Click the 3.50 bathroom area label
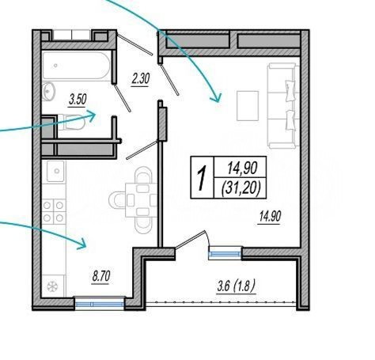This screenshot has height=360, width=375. tap(78, 100)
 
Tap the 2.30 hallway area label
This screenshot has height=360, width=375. tap(141, 79)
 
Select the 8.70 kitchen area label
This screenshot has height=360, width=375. tap(100, 277)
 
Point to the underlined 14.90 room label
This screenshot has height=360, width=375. tap(270, 217)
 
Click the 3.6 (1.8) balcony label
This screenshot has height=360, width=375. tap(237, 286)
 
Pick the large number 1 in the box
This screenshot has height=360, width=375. tap(202, 177)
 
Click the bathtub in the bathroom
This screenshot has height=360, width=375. tap(76, 65)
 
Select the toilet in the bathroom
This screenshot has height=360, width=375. tap(71, 122)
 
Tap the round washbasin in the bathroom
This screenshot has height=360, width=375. tap(48, 91)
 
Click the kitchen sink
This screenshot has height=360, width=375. tap(55, 171)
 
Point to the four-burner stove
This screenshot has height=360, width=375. tap(54, 211)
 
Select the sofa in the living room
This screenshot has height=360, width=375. tap(283, 105)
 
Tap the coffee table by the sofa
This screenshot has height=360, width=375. tap(248, 105)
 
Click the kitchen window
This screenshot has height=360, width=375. tap(100, 303)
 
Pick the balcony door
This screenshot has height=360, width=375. tap(192, 241)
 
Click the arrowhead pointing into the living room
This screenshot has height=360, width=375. tap(216, 98)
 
